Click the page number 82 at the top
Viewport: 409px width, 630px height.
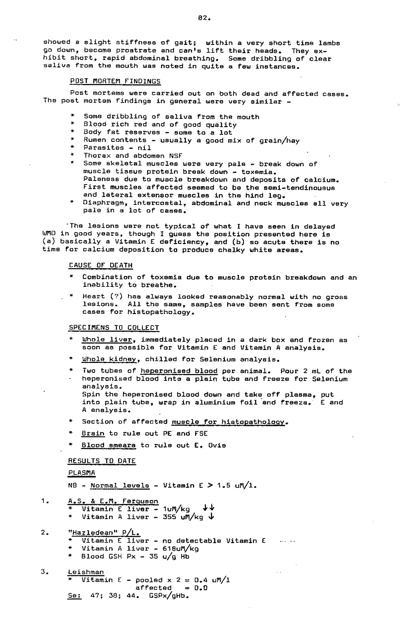pyautogui.click(x=204, y=19)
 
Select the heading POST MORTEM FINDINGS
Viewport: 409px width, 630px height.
pyautogui.click(x=115, y=81)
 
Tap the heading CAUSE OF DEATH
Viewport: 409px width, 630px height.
pyautogui.click(x=100, y=265)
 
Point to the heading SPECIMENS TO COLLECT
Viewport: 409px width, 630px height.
pyautogui.click(x=114, y=328)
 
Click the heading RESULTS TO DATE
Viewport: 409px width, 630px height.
pyautogui.click(x=102, y=461)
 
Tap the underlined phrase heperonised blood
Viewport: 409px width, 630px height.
pyautogui.click(x=179, y=371)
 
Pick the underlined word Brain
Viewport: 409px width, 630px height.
pyautogui.click(x=93, y=433)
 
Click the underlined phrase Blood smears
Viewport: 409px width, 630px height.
pyautogui.click(x=109, y=445)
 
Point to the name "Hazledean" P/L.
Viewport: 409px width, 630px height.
pyautogui.click(x=104, y=533)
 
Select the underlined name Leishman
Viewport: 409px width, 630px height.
pyautogui.click(x=85, y=572)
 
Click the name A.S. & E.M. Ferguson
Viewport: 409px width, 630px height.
pyautogui.click(x=113, y=501)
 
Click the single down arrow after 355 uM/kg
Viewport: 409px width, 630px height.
pyautogui.click(x=211, y=517)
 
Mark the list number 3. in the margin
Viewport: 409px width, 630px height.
pyautogui.click(x=44, y=572)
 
